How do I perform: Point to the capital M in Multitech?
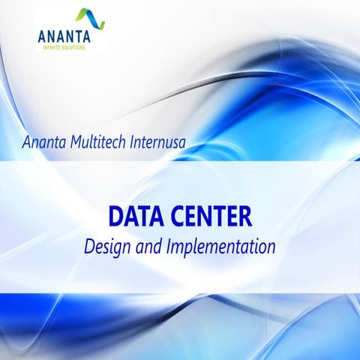[x=79, y=141]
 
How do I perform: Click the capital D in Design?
[x=89, y=245]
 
